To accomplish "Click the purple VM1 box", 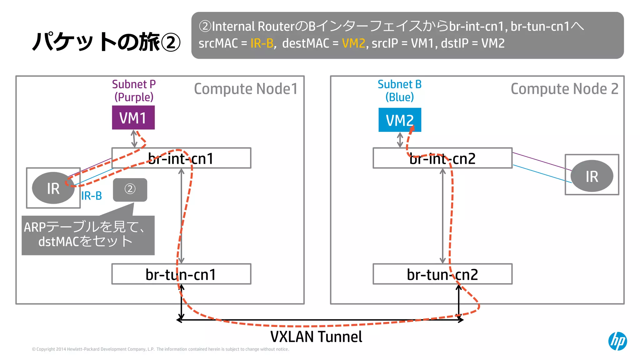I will pos(133,117).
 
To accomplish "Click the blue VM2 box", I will pos(399,120).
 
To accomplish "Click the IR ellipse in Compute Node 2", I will pos(592,176).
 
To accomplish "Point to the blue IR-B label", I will pos(92,196).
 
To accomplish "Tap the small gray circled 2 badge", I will pos(130,189).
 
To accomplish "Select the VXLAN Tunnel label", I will pos(316,337).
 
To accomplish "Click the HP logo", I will pos(617,341).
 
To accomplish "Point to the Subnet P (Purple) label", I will pos(134,91).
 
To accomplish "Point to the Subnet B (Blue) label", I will pos(399,91).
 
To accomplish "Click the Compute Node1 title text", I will pos(246,89).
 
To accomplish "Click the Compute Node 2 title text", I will pos(564,89).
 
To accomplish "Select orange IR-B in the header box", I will pos(262,43).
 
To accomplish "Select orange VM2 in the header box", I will pos(353,43).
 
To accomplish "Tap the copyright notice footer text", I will pos(160,349).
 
